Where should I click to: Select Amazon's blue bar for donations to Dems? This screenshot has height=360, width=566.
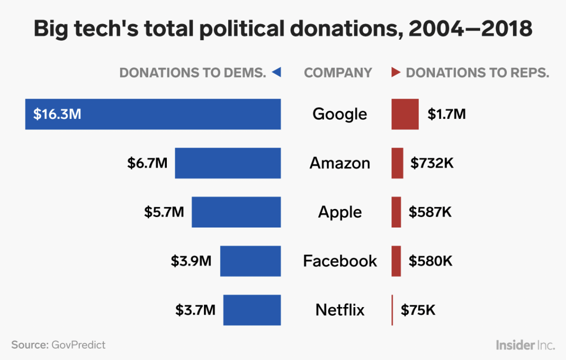point(228,163)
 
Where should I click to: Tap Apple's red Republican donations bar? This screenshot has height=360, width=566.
point(396,212)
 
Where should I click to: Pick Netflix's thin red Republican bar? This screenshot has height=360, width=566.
point(392,310)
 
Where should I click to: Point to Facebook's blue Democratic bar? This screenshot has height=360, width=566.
point(250,261)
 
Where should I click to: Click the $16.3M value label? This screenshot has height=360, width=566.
point(57,114)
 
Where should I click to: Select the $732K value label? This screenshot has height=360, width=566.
point(432,163)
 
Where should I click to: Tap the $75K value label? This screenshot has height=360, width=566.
point(418,310)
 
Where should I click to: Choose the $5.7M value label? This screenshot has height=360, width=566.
point(164,212)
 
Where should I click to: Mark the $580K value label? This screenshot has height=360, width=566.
point(430,261)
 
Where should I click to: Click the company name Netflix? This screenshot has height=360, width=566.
point(340,310)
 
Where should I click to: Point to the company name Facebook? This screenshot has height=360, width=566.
point(340,261)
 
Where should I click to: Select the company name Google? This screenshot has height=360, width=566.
point(340,114)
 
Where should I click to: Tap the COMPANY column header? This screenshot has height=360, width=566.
point(338,73)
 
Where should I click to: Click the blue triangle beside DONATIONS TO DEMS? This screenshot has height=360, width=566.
point(277,72)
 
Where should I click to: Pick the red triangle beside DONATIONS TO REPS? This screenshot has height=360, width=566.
point(396,72)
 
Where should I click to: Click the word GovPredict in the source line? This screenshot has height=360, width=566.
point(78,345)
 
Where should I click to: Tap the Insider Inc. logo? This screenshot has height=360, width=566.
point(525,345)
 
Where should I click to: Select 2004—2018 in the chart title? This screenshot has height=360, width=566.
point(470,29)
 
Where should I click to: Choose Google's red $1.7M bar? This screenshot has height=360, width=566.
point(405,114)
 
